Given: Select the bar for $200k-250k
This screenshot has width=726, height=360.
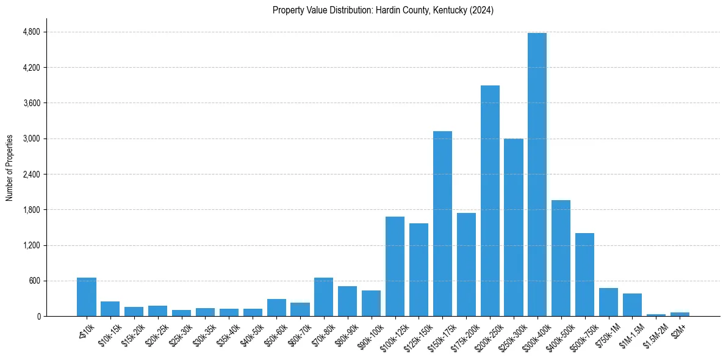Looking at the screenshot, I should pos(490,201).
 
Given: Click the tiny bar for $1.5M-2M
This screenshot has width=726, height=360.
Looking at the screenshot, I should pos(656,315).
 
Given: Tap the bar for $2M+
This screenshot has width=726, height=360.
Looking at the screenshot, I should pos(680,314).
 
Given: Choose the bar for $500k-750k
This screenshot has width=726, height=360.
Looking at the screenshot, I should pos(584,275).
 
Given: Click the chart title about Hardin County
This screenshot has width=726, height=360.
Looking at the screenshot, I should pos(383,10).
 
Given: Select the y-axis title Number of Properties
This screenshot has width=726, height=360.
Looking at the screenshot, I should pos(10,168).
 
